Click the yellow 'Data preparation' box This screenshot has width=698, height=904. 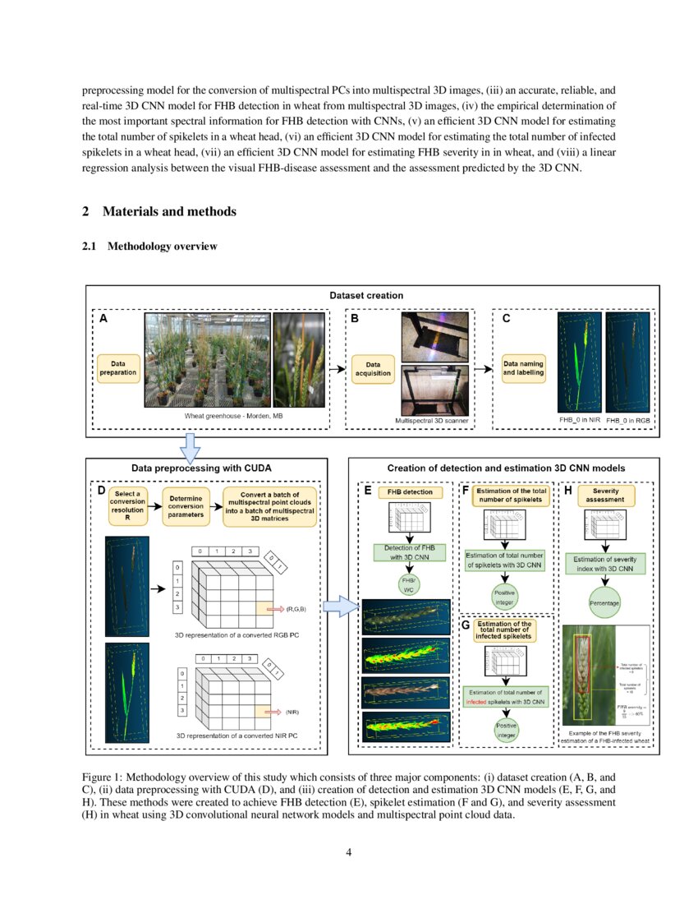(x=117, y=367)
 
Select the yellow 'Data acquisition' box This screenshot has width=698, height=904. (x=373, y=367)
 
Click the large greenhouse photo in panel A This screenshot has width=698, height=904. (x=207, y=359)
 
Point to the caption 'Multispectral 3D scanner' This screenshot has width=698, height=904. (x=432, y=421)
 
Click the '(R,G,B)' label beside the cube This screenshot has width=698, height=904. (x=296, y=609)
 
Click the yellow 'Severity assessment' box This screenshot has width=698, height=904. (x=606, y=495)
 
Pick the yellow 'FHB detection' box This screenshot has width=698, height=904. (x=410, y=491)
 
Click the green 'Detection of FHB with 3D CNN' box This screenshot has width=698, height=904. (x=409, y=552)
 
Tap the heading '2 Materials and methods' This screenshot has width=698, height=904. (x=159, y=211)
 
